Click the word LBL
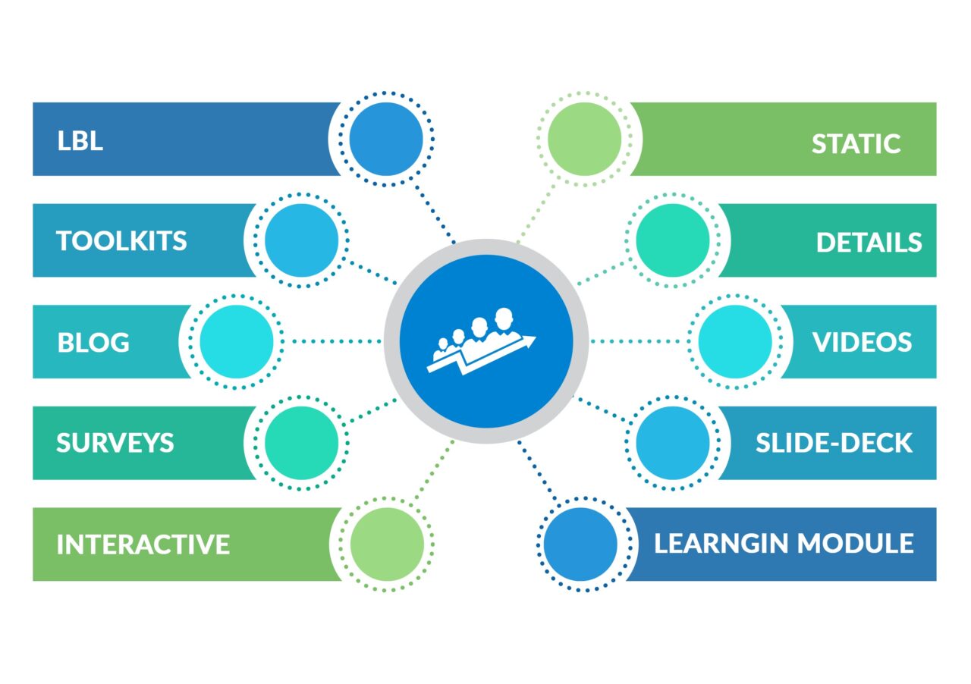pos(80,141)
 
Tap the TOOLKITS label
pos(121,241)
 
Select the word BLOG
pos(93,343)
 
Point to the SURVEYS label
pos(115,443)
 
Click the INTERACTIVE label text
pos(143,544)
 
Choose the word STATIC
pos(856,143)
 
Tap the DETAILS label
pos(869,243)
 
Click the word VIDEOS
pos(862,343)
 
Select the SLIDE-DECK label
pos(834,444)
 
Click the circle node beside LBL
pos(385,140)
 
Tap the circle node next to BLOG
pos(236,341)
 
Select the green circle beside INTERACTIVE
pos(385,544)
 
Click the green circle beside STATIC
pos(584,140)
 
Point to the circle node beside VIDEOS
pos(734,341)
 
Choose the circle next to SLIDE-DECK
pos(672,443)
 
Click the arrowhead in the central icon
pos(529,340)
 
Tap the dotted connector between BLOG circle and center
pos(334,341)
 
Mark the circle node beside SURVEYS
pos(301,443)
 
